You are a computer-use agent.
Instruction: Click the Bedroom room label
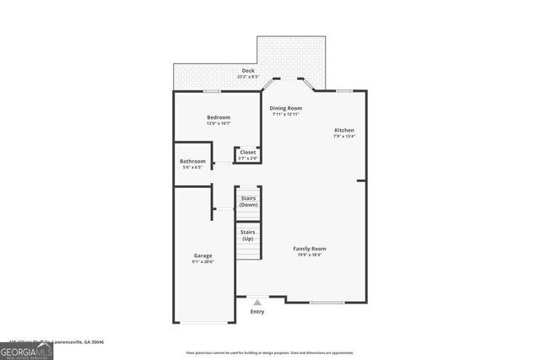pos(219,117)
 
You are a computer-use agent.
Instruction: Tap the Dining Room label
pos(285,108)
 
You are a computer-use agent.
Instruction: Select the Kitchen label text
pos(344,130)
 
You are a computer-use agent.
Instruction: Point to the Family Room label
pos(310,249)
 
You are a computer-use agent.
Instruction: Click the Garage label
pos(202,255)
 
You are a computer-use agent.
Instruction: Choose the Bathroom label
pos(192,161)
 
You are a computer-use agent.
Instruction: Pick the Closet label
pos(248,153)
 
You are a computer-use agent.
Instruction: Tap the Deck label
pos(248,70)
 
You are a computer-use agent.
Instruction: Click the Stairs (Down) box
pos(248,202)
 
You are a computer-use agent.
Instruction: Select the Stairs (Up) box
pos(248,235)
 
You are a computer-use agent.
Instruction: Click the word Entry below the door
pos(257,312)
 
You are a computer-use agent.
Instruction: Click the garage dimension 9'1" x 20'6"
pos(202,262)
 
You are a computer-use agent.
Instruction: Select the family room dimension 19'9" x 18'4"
pos(310,255)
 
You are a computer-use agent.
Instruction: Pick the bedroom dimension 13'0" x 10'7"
pos(219,124)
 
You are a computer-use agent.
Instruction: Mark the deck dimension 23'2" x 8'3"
pos(248,77)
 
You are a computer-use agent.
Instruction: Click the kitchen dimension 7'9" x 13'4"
pos(344,137)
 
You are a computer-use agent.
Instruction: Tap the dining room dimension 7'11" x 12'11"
pos(285,115)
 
